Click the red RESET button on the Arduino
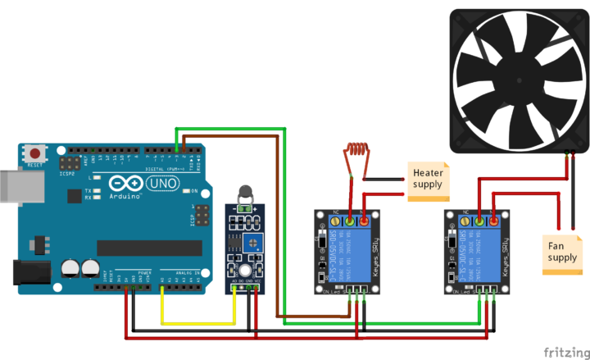(x=34, y=153)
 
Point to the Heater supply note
(x=429, y=179)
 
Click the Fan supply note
(x=563, y=250)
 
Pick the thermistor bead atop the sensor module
(x=244, y=194)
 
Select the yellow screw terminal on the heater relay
(x=351, y=220)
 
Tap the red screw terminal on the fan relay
(x=494, y=220)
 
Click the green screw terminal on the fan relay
(x=479, y=220)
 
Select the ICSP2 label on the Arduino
(x=67, y=174)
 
